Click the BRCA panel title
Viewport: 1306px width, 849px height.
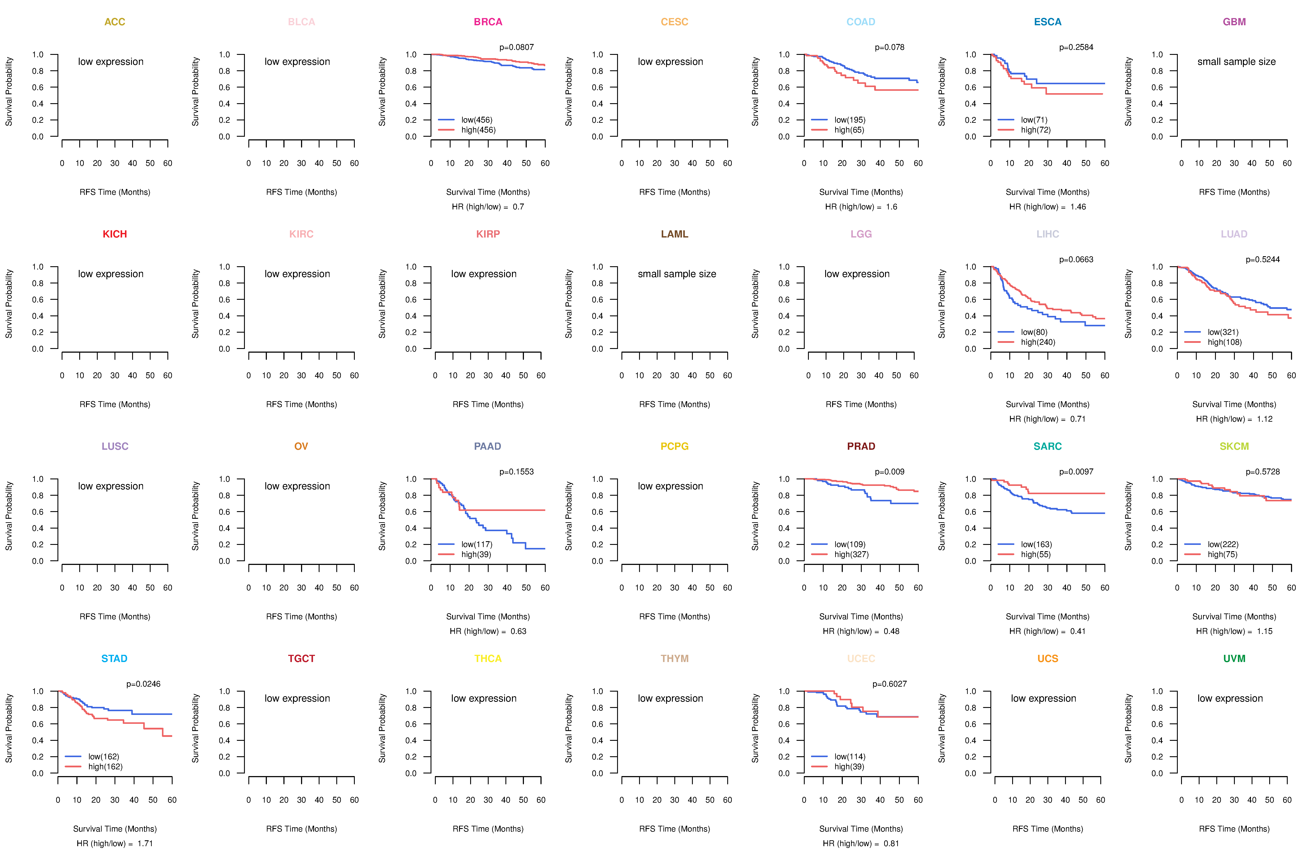point(488,22)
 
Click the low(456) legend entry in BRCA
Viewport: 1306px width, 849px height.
point(476,120)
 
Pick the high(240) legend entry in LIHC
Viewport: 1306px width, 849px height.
point(1038,342)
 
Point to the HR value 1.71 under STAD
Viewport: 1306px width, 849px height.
point(145,844)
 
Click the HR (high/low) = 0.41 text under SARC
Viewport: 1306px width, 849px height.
point(1047,631)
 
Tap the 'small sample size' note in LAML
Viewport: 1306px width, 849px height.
point(677,274)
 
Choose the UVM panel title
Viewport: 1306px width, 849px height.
point(1234,659)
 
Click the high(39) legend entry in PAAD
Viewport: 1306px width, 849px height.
point(476,554)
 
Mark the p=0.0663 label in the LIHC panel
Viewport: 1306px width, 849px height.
point(1076,259)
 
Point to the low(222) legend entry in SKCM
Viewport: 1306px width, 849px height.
point(1223,544)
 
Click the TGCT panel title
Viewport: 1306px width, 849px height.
point(301,659)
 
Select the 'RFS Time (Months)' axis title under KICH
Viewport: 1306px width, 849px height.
point(115,404)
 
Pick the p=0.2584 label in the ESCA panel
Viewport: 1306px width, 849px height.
point(1076,47)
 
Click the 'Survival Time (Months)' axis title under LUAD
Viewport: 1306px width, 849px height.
point(1234,404)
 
